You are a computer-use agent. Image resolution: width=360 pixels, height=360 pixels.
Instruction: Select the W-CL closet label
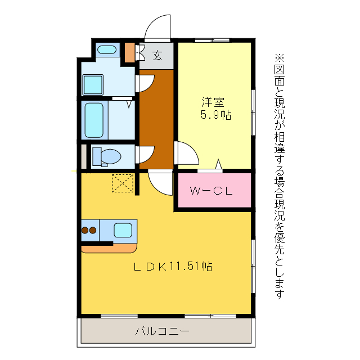point(211,191)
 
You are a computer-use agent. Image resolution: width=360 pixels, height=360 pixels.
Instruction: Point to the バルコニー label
point(162,331)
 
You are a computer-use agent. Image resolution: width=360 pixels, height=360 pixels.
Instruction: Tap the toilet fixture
point(106,156)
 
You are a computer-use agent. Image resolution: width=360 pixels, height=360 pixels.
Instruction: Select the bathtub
point(94,120)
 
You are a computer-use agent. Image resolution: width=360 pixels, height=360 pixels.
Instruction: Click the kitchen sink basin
point(123,229)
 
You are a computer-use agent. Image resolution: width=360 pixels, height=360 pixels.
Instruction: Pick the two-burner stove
point(89,230)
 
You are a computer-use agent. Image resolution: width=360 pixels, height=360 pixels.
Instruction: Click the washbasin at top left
point(106,50)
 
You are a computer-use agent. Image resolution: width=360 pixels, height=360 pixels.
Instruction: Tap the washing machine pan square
point(93,85)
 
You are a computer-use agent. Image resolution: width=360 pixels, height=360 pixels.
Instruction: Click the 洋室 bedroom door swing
point(186,154)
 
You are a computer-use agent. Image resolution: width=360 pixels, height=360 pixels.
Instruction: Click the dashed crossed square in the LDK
point(123,183)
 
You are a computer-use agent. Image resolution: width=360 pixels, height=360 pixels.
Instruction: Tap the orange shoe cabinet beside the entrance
point(130,52)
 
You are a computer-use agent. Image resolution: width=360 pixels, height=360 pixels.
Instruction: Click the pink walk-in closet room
point(214,191)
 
